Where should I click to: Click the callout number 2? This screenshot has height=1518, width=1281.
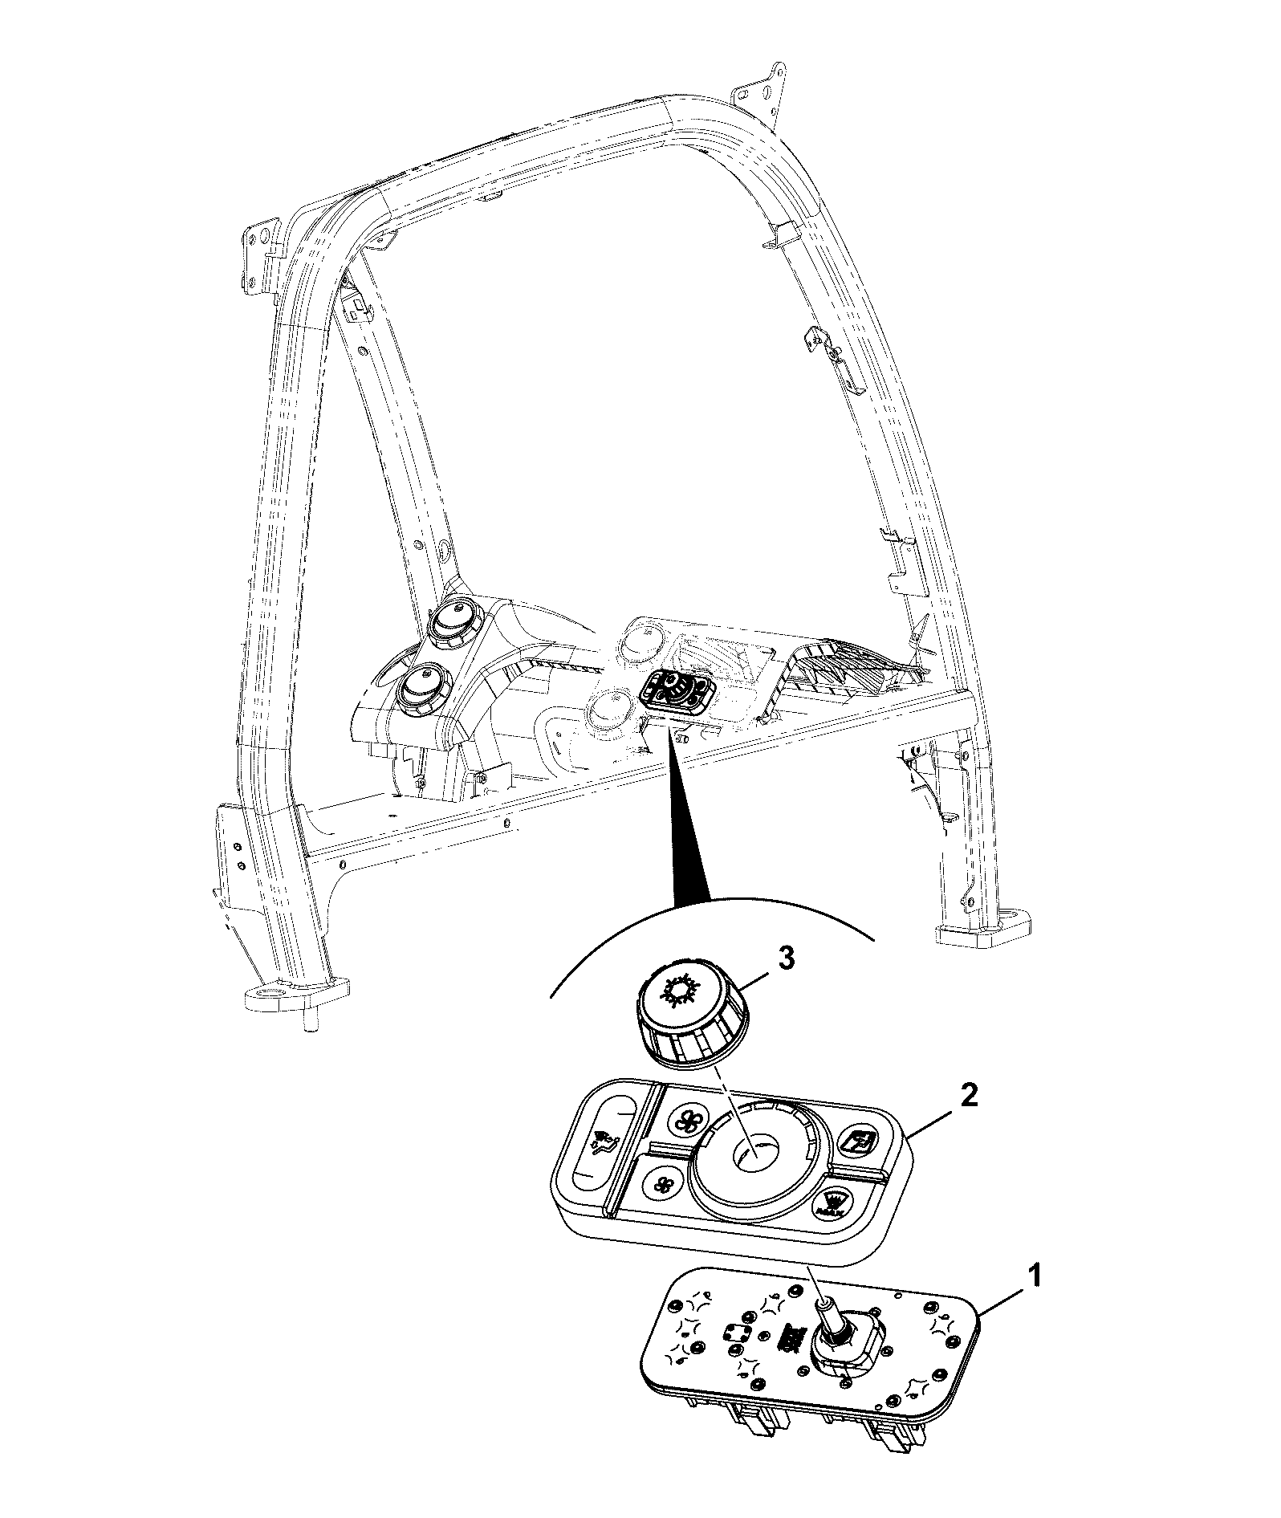[x=970, y=1097]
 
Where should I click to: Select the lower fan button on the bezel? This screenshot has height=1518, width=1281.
[x=663, y=1183]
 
